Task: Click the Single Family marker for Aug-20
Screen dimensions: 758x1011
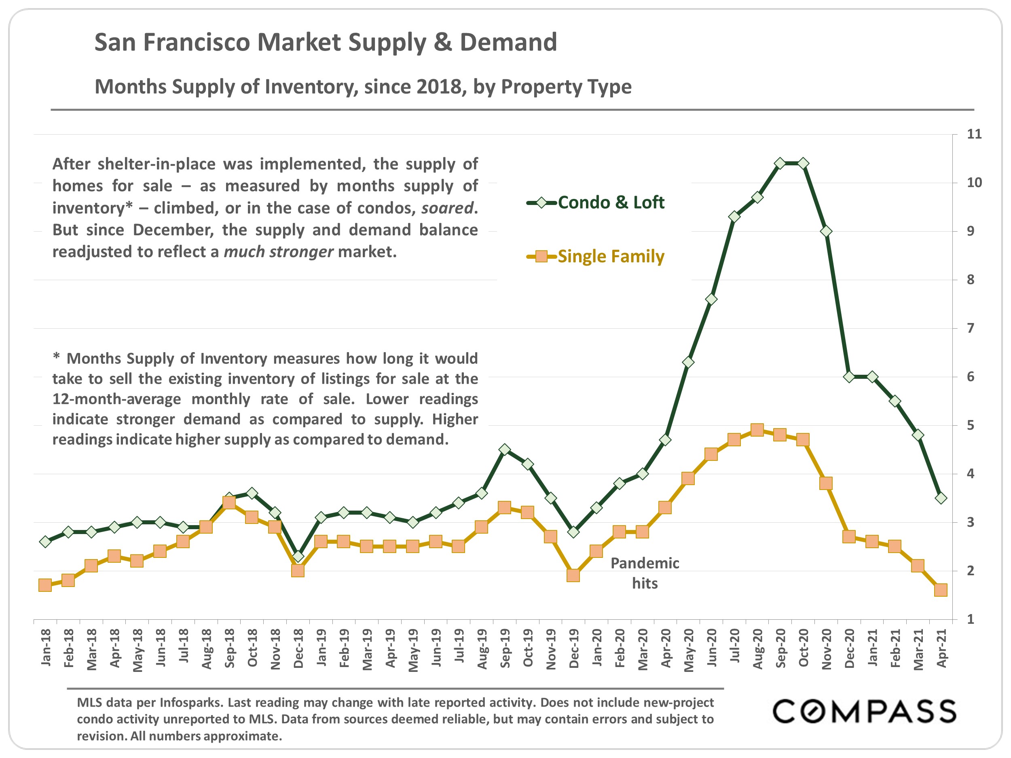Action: click(x=757, y=430)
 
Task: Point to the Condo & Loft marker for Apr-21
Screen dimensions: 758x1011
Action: click(x=941, y=498)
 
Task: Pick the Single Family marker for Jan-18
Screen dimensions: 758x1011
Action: click(x=45, y=585)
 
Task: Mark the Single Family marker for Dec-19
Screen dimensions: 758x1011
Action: click(x=573, y=575)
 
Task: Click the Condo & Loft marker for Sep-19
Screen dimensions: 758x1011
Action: click(x=505, y=450)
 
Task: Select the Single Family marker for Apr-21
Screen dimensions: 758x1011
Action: click(x=941, y=590)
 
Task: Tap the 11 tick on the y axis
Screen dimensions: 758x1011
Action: click(x=974, y=134)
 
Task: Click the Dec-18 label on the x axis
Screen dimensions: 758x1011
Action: click(x=298, y=648)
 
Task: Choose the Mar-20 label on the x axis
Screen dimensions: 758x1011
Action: click(x=643, y=649)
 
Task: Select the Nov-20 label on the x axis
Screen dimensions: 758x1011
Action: click(x=826, y=649)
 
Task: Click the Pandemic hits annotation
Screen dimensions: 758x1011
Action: click(x=645, y=573)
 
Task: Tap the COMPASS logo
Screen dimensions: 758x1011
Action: click(x=864, y=712)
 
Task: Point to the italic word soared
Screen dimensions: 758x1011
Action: click(x=446, y=208)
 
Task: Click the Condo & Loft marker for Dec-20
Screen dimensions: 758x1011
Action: click(x=849, y=377)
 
